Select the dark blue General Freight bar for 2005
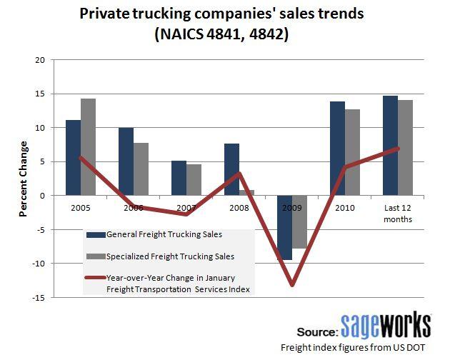[73, 157]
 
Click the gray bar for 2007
[194, 179]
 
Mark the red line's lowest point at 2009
[292, 285]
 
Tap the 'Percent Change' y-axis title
[23, 179]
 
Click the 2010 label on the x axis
[344, 209]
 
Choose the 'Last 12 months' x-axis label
[397, 214]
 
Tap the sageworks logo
[385, 325]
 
